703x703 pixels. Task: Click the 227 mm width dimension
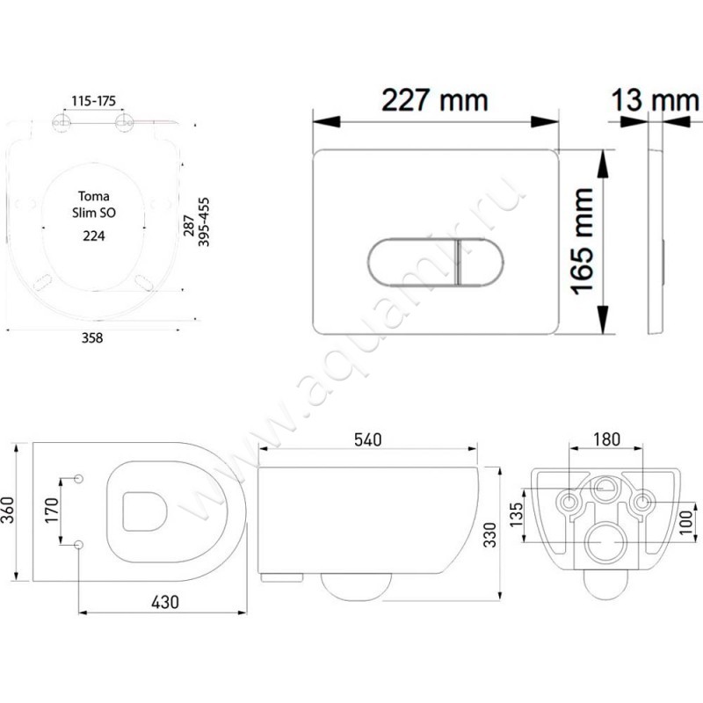pos(434,101)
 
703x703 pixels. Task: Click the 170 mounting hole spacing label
pos(50,511)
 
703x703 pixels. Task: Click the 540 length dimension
pos(366,440)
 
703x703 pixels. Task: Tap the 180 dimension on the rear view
pos(606,438)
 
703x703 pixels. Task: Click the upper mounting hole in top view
pos(79,478)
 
